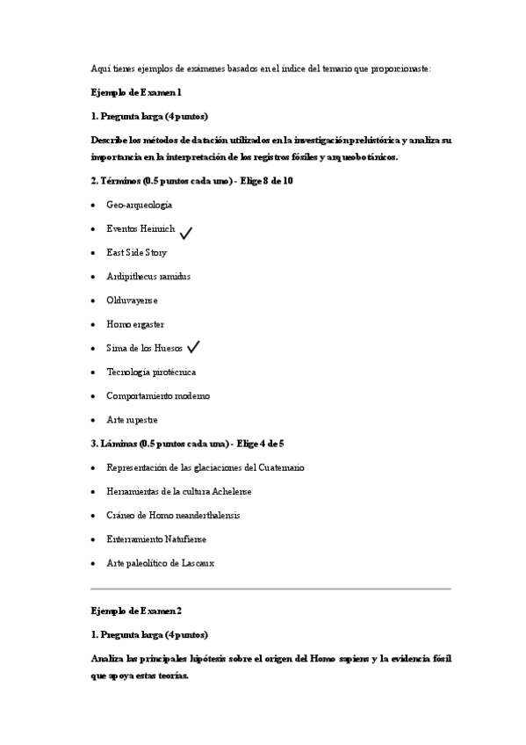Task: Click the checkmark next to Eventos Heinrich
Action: pyautogui.click(x=185, y=232)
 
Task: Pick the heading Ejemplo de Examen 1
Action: pyautogui.click(x=136, y=91)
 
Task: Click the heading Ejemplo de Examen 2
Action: pyautogui.click(x=136, y=610)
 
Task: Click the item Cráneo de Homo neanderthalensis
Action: pyautogui.click(x=172, y=515)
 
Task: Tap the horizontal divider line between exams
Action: pyautogui.click(x=270, y=588)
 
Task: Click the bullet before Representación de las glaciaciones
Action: pyautogui.click(x=94, y=467)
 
